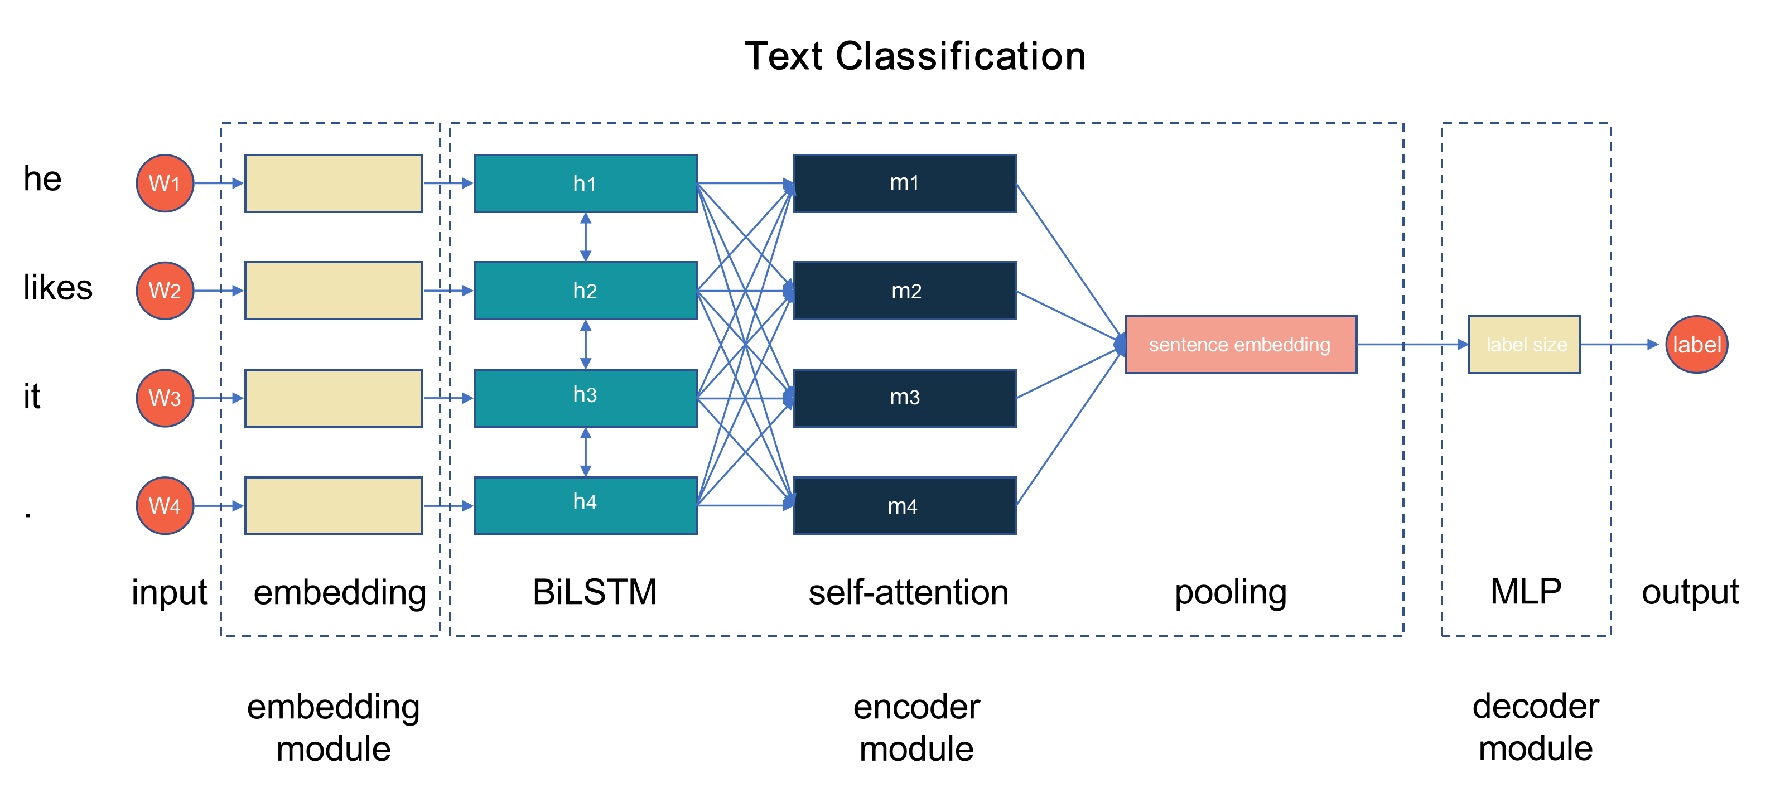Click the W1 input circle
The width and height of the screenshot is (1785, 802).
165,183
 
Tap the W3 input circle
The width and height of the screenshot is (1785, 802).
165,398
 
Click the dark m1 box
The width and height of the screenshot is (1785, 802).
904,183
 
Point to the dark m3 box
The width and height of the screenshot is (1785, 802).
904,398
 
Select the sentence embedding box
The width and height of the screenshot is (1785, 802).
1241,344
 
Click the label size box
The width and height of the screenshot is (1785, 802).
1524,344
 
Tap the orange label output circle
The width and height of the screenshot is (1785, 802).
1696,344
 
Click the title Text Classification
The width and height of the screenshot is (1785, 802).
915,56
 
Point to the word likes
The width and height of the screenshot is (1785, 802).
57,287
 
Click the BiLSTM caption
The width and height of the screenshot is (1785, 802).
595,592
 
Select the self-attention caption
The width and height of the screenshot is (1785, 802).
908,593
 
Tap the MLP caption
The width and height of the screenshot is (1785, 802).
1526,592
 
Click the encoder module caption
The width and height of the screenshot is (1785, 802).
916,727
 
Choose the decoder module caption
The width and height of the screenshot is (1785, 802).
1536,727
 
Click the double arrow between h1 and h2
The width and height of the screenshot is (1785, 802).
586,237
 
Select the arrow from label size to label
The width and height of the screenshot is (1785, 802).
1618,344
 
